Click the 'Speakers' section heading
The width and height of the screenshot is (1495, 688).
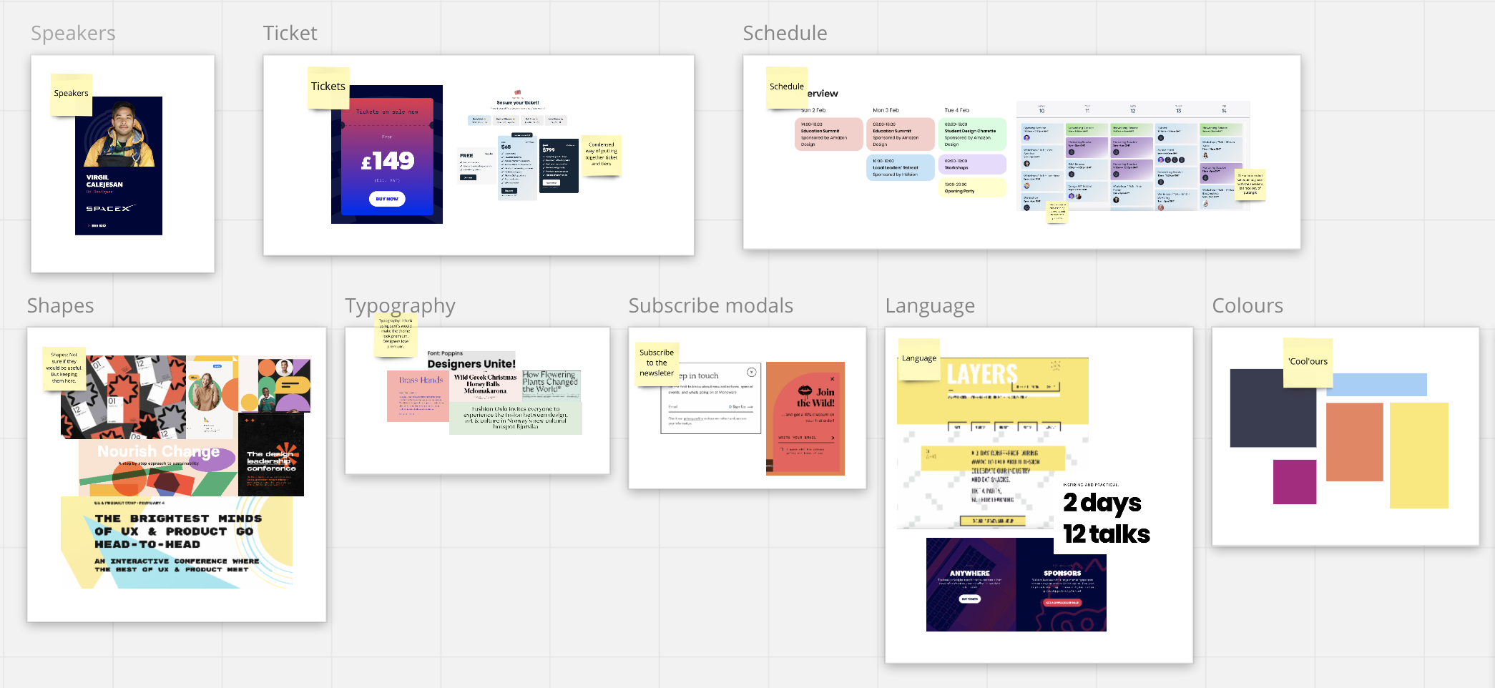[73, 34]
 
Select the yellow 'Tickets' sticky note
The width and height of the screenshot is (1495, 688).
[328, 87]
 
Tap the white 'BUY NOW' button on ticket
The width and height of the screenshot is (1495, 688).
[387, 199]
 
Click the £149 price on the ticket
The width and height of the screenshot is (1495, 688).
[388, 161]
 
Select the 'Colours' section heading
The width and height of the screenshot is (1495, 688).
[1248, 306]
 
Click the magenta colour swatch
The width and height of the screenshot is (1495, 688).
[1295, 482]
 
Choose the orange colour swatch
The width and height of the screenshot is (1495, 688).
[1354, 442]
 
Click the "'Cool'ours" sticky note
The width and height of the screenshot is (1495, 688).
[1308, 362]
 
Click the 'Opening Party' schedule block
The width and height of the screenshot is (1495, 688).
[971, 187]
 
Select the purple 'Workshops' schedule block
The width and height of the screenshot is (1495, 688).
[971, 164]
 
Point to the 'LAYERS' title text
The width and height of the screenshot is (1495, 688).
[982, 374]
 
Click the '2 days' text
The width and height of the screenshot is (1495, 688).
[1102, 503]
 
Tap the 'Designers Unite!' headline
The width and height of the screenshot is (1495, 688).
[471, 364]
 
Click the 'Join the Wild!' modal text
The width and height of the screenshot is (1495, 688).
[816, 398]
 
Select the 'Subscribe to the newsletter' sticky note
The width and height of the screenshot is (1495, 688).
[657, 363]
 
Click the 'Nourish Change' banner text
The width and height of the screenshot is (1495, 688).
[158, 452]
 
